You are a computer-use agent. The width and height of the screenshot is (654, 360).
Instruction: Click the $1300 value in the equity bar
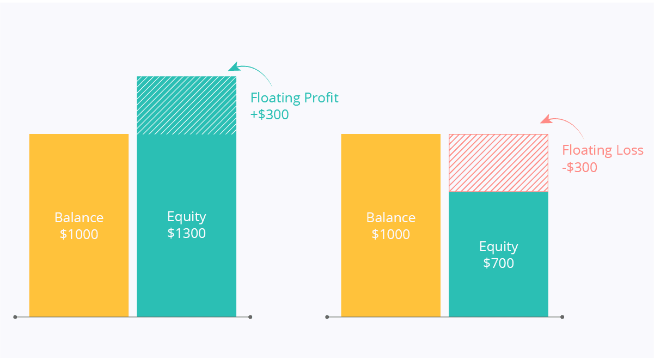[x=187, y=233]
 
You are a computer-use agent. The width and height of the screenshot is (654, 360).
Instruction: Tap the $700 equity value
[x=498, y=264]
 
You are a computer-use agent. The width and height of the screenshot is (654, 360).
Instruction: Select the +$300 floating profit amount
[x=270, y=114]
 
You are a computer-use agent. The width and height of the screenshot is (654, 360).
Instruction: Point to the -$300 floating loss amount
[x=579, y=167]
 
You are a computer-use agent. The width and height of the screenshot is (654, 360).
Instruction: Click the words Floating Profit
[x=294, y=98]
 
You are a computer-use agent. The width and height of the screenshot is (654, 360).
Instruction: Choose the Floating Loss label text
[x=603, y=150]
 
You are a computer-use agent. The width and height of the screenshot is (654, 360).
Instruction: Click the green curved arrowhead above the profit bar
[x=234, y=67]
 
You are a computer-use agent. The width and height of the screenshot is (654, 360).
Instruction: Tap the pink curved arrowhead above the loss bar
[x=546, y=119]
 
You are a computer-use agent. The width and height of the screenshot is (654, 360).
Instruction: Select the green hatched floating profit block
[x=187, y=106]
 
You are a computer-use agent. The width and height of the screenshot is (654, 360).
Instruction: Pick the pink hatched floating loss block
[x=498, y=163]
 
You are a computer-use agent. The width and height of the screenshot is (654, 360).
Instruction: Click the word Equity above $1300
[x=187, y=217]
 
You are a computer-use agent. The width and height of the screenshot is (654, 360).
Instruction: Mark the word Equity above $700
[x=498, y=247]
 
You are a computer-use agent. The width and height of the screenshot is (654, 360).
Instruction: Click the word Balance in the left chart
[x=79, y=217]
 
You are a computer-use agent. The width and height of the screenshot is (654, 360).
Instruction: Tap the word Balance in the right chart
[x=390, y=217]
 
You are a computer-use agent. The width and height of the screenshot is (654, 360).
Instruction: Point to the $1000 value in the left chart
[x=79, y=234]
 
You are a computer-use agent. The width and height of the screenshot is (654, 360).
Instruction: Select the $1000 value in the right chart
[x=390, y=234]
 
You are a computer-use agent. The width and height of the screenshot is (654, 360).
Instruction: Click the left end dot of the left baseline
[x=15, y=317]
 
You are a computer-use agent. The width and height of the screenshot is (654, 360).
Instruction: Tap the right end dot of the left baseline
[x=250, y=317]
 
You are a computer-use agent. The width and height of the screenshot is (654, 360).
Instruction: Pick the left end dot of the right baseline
[x=327, y=317]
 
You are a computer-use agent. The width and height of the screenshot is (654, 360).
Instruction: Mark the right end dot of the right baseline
[x=563, y=317]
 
